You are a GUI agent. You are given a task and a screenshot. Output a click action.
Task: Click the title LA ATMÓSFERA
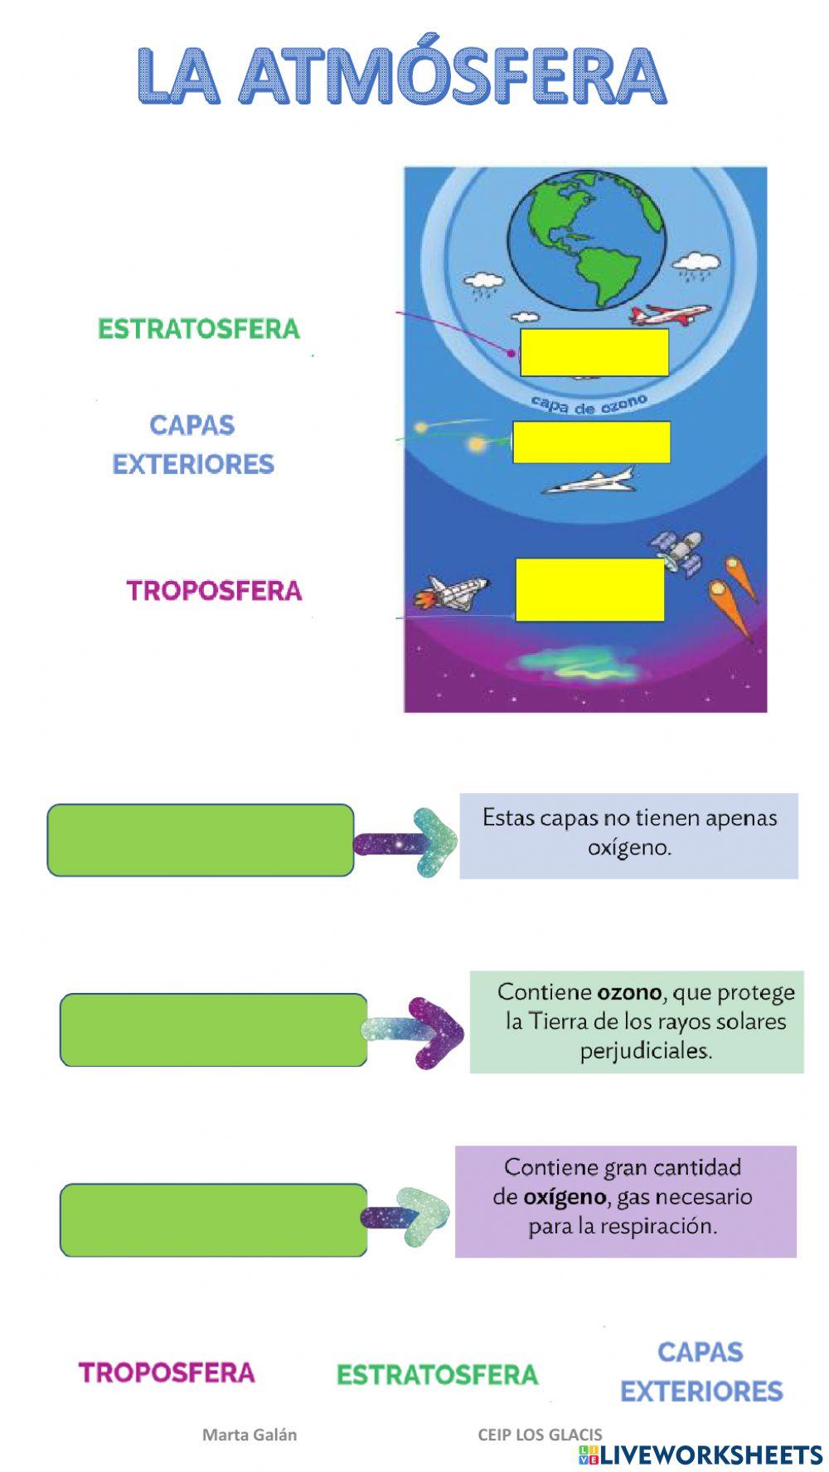point(401,75)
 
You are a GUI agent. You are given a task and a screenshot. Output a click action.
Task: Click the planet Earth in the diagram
point(586,245)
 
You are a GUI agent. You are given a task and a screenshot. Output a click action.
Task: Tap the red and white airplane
point(669,314)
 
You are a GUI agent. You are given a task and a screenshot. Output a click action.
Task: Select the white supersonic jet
point(590,481)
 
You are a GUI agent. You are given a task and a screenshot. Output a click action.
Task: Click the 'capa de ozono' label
point(588,404)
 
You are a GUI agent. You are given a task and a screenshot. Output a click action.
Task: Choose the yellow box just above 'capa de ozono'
point(594,352)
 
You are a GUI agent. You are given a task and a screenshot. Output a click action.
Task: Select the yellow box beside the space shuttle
point(589,589)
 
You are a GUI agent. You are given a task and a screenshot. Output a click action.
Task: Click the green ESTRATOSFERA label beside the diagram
point(198,329)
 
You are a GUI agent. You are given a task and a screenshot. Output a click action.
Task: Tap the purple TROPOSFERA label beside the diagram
point(214,591)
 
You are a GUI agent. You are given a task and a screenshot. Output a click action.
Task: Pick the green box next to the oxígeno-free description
point(201,840)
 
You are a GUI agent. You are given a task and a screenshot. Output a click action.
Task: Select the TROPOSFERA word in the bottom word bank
point(167,1372)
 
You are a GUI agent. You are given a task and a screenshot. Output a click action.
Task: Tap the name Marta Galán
point(250,1434)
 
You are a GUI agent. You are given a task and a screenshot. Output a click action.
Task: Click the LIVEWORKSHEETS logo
point(700,1454)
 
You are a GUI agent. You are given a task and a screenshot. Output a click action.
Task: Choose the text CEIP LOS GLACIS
point(540,1434)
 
